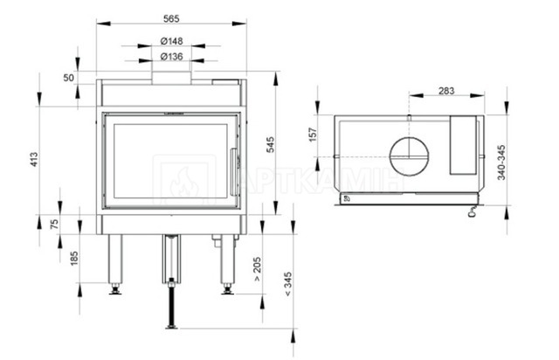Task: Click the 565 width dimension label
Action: pyautogui.click(x=171, y=18)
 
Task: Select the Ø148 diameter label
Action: pyautogui.click(x=171, y=41)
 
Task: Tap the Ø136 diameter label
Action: pyautogui.click(x=171, y=57)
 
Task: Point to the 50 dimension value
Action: pyautogui.click(x=68, y=78)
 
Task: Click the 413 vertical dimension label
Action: pyautogui.click(x=34, y=160)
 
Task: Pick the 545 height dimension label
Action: pyautogui.click(x=271, y=144)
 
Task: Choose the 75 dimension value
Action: pyautogui.click(x=54, y=224)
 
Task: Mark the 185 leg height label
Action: pyautogui.click(x=73, y=259)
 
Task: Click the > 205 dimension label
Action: pyautogui.click(x=257, y=269)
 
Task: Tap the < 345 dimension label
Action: pyautogui.click(x=288, y=284)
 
